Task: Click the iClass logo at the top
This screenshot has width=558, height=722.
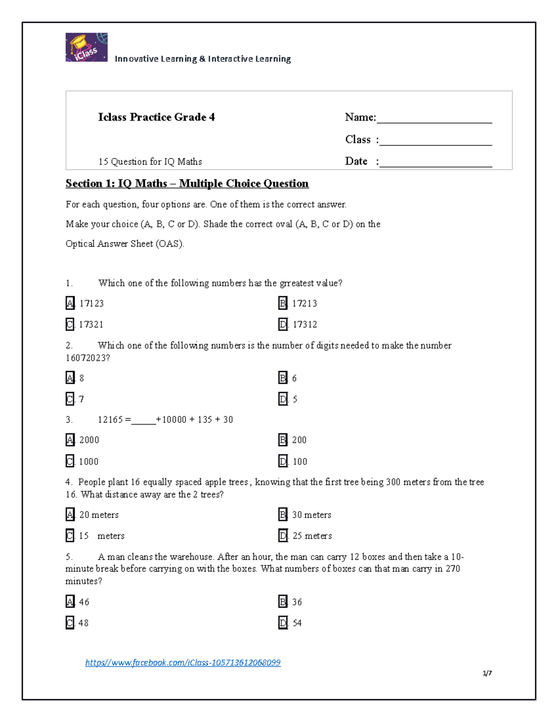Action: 86,47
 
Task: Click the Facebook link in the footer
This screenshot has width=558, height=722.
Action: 183,662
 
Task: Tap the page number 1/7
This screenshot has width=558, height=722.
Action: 487,673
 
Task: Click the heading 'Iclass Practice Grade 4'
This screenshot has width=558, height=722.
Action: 156,117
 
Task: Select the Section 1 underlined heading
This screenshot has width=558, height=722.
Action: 187,184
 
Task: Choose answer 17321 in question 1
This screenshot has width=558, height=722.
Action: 91,325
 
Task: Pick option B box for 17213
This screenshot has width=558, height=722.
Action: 283,304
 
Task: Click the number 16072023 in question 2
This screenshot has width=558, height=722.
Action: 88,358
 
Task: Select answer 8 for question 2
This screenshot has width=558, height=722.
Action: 82,378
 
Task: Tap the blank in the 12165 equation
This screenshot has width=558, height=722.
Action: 144,420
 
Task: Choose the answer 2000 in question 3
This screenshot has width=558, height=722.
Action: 89,440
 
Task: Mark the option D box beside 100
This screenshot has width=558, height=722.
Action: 283,461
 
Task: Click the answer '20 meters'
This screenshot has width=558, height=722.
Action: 99,515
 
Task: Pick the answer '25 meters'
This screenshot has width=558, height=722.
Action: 312,536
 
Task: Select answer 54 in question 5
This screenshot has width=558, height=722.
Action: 297,623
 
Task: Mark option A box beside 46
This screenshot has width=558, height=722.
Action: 70,602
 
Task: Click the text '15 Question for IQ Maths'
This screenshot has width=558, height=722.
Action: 150,162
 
